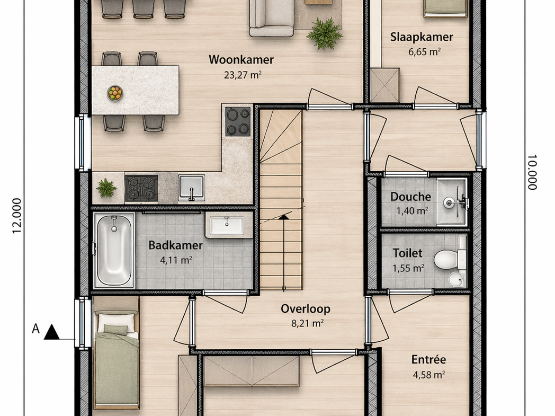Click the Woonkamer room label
(x=241, y=59)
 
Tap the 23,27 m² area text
(x=243, y=75)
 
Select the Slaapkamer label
(x=422, y=37)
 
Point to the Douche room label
(x=410, y=197)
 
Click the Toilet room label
(x=407, y=253)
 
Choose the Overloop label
(x=306, y=309)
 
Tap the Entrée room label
(x=428, y=360)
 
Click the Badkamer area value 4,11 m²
(x=176, y=260)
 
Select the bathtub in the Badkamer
(x=114, y=250)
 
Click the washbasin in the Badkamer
(x=227, y=226)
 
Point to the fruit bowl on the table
(x=115, y=93)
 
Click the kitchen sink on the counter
(x=191, y=187)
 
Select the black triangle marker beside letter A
(x=52, y=332)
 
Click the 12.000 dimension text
(x=17, y=216)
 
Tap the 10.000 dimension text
(x=532, y=172)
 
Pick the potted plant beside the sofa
(x=324, y=33)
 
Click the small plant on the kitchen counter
(x=106, y=188)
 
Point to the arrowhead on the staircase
(x=283, y=217)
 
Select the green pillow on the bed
(x=116, y=330)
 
